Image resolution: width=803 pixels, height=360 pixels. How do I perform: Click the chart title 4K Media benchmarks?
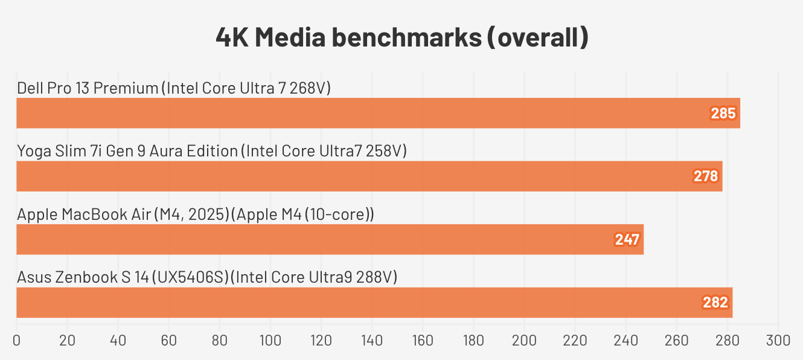pos(401,38)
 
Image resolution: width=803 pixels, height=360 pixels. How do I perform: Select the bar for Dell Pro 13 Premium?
pos(362,113)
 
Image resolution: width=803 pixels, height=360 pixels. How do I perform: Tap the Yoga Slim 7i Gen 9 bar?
pos(362,176)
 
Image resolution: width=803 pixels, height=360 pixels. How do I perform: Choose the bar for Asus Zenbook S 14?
pos(362,303)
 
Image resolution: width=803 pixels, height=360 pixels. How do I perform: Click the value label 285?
pos(723,114)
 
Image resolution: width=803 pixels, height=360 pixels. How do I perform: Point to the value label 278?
pos(706,176)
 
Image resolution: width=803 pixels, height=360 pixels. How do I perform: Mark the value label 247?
pos(627,240)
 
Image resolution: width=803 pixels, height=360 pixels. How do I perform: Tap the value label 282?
pos(715,303)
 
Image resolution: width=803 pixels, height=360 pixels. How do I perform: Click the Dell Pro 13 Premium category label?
pos(174,88)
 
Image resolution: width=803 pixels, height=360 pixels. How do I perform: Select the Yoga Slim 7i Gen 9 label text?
pos(212,151)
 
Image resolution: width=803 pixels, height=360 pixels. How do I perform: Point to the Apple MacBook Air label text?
pos(196,214)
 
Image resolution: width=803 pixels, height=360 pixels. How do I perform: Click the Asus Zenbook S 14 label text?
pos(207,277)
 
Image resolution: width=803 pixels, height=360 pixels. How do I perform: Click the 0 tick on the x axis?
pos(16,341)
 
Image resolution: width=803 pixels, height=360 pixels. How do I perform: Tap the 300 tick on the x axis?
pos(778,341)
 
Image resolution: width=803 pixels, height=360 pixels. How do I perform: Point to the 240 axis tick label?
pos(625,341)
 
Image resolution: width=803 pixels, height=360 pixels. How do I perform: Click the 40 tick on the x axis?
pos(118,341)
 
